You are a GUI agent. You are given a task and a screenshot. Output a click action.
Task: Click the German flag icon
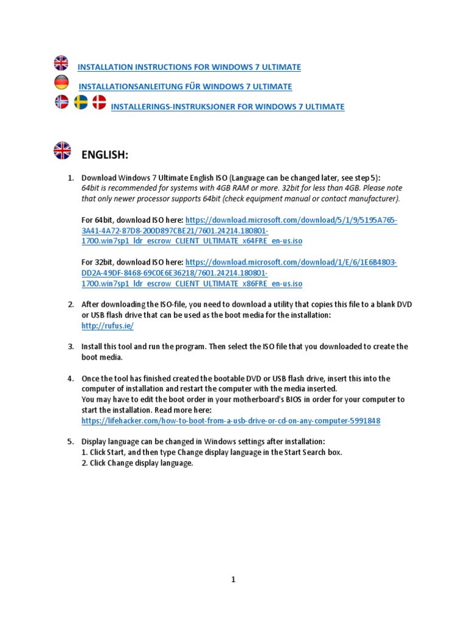pos(61,83)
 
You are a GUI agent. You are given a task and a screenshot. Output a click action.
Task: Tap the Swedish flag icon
pos(80,102)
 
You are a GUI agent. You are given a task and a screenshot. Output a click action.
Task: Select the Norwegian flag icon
pos(61,102)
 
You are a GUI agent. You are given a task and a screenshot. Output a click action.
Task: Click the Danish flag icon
pos(99,102)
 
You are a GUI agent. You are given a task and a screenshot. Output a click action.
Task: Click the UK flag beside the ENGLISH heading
pos(61,150)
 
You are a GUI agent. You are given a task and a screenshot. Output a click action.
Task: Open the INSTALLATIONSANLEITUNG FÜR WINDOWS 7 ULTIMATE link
pos(185,86)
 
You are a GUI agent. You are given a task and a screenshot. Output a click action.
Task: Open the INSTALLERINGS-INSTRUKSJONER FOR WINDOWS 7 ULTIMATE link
pos(227,106)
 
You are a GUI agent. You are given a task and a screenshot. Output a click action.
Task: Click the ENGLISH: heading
pos(105,156)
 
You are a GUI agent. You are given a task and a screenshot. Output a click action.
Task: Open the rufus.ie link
pos(107,325)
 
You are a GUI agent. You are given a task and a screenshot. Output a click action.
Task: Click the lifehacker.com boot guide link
pos(230,420)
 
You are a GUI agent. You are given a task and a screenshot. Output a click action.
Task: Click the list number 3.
pos(71,346)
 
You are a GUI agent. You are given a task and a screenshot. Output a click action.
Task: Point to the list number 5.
pos(71,441)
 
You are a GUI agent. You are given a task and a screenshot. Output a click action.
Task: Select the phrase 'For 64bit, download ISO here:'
pos(132,220)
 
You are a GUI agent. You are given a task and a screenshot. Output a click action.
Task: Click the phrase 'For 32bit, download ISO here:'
pos(132,262)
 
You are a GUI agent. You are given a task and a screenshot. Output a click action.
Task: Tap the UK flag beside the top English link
pos(61,63)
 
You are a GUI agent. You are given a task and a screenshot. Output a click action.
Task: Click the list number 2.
pos(71,304)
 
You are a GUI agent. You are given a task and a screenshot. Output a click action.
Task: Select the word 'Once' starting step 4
pos(91,378)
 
